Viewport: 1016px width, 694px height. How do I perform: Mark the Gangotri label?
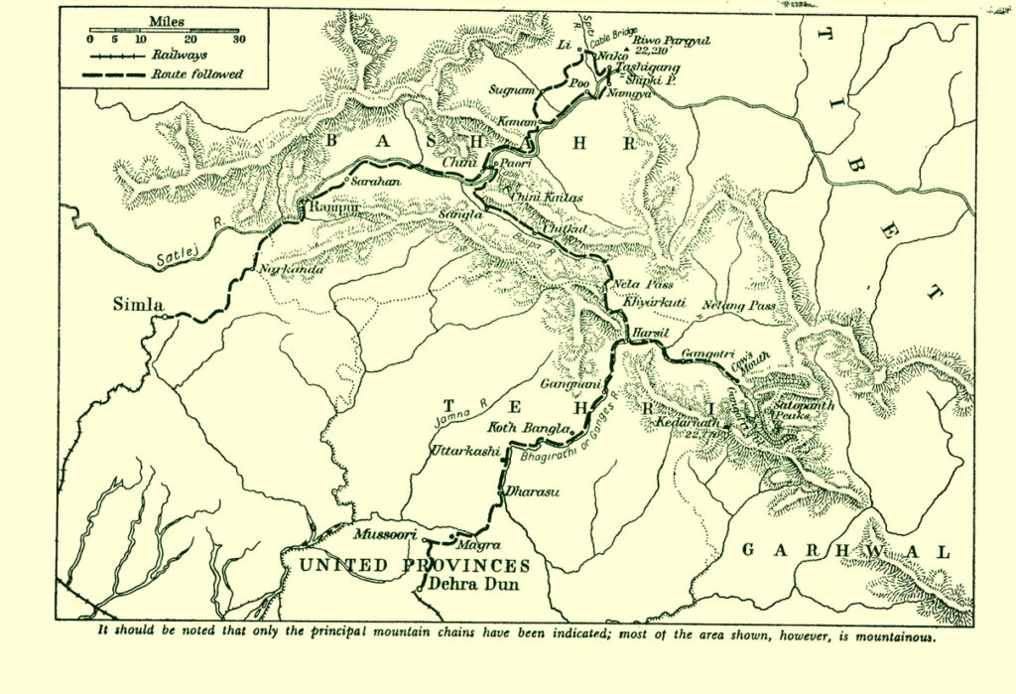pos(707,353)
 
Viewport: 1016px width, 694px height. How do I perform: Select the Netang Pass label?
pos(739,305)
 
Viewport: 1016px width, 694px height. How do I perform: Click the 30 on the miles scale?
pos(238,40)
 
